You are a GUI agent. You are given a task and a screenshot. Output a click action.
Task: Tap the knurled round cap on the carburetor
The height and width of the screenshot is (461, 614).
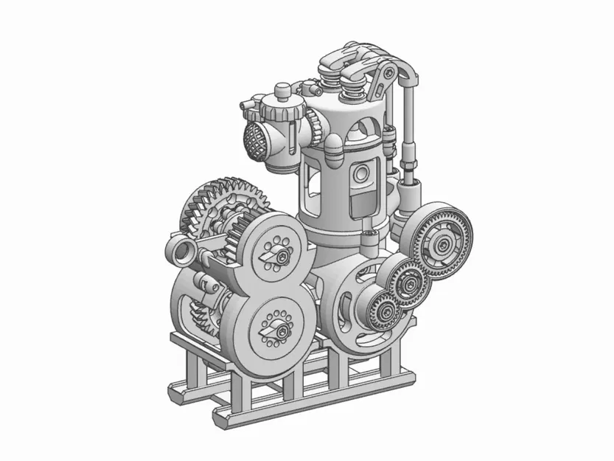coord(283,111)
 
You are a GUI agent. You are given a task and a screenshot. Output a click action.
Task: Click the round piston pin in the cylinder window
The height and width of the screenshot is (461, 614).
coord(361,174)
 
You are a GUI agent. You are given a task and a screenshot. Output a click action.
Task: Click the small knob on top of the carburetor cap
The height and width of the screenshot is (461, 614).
coord(282,91)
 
